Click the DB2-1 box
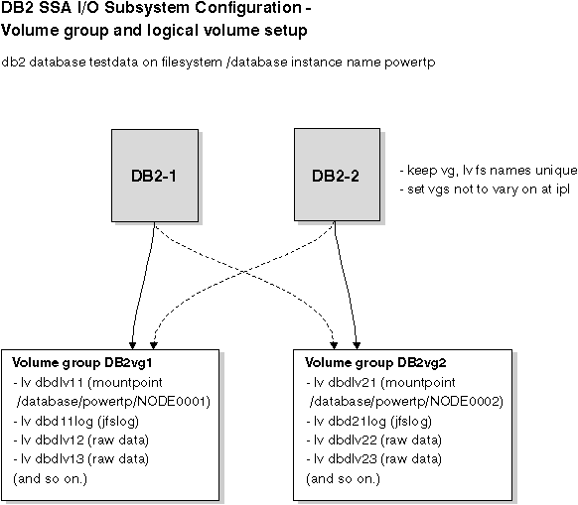pos(155,176)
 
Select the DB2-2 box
pos(337,175)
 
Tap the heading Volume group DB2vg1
pos(82,363)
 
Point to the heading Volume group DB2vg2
pos(375,363)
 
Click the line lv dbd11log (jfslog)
pos(75,422)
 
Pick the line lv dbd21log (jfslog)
pos(369,422)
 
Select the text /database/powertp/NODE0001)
pos(113,402)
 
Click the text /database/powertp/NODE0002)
pos(406,402)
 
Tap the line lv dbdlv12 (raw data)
pos(81,441)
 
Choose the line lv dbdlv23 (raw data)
pos(374,459)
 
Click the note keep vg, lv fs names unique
pos(489,171)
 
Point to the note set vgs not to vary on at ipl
pos(485,189)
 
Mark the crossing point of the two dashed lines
pos(244,272)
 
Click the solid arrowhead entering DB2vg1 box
pos(133,346)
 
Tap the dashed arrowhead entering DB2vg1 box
pos(154,346)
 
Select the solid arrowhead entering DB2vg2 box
pos(357,346)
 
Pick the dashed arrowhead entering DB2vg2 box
pos(334,346)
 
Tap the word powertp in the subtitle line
pos(410,63)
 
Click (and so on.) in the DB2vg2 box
pos(343,479)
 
